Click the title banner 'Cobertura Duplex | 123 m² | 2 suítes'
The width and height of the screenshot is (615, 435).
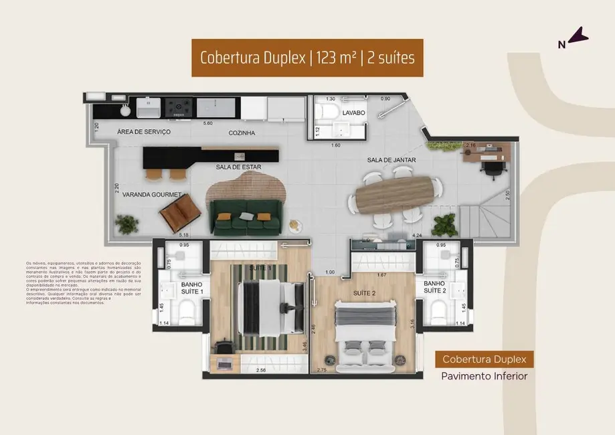pos(307,58)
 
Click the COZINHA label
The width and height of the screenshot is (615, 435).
pos(241,133)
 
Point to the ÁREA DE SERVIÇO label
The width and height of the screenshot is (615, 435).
pos(143,132)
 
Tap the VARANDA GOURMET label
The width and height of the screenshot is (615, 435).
pos(140,194)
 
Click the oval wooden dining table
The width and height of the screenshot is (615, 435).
pos(394,195)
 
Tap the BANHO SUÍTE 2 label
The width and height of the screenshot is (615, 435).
pos(434,287)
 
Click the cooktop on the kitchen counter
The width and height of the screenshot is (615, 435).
pos(179,106)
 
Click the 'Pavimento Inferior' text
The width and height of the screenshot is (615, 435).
pos(484,376)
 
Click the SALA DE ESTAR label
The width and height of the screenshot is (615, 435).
pos(238,167)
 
